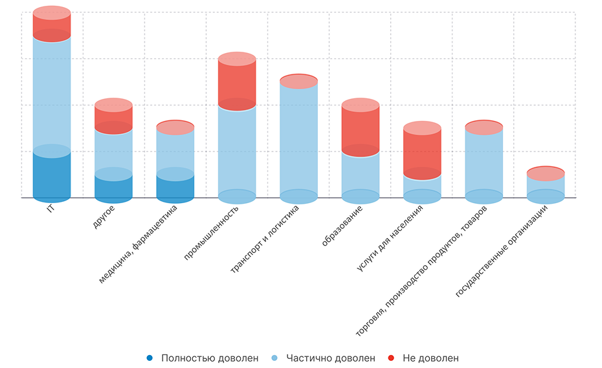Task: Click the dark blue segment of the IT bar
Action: pos(52,175)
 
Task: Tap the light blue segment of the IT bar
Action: pos(52,94)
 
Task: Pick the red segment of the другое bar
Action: pos(113,116)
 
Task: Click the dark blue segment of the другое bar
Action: pos(113,186)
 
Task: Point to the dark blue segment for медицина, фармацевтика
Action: pos(175,186)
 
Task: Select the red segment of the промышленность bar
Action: pos(237,81)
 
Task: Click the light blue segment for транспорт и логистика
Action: pos(298,139)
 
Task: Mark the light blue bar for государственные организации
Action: pos(545,186)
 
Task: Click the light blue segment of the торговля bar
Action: pos(484,162)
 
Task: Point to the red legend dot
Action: pos(391,358)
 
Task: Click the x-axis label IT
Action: pos(51,210)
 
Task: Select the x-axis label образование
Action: pos(342,226)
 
